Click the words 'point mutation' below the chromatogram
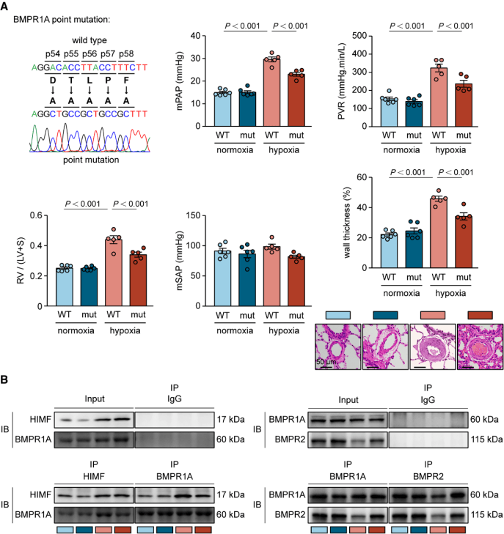[x=82, y=159]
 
